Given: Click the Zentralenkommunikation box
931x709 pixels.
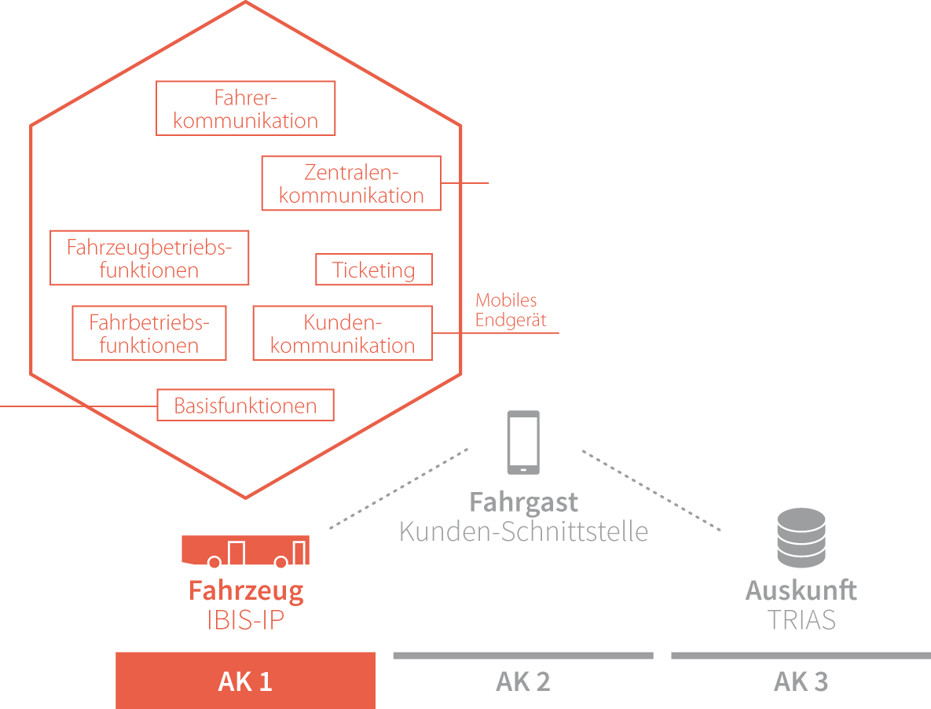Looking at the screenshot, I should pyautogui.click(x=350, y=182).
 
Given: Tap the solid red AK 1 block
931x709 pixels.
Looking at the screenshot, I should pyautogui.click(x=245, y=681).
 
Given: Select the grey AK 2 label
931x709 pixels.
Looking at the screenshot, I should pyautogui.click(x=522, y=681).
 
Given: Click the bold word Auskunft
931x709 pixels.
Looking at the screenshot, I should pyautogui.click(x=801, y=590).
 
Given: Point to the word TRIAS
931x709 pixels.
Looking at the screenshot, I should pyautogui.click(x=801, y=619).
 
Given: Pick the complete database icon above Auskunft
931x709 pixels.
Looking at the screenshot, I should pyautogui.click(x=801, y=538).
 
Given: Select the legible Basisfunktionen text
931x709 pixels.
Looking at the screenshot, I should pyautogui.click(x=245, y=407).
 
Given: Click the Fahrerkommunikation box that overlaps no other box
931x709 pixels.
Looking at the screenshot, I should pyautogui.click(x=245, y=108).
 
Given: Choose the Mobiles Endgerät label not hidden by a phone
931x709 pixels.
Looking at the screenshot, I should pyautogui.click(x=511, y=310).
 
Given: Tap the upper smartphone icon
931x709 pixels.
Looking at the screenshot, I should pyautogui.click(x=523, y=443).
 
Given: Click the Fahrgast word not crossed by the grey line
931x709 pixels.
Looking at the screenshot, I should pyautogui.click(x=523, y=501).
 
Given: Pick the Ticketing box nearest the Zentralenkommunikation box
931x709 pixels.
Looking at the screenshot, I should pyautogui.click(x=374, y=270).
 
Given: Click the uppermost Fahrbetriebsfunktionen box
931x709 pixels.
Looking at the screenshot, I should pyautogui.click(x=149, y=333).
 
